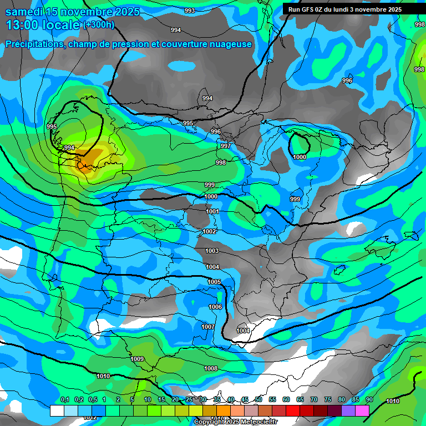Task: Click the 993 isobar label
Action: point(190,11)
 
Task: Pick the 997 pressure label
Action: point(226,146)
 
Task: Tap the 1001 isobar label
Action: point(212,211)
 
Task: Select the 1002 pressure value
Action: point(209,231)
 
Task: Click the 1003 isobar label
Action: point(212,251)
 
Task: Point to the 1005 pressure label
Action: point(214,282)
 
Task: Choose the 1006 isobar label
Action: point(215,307)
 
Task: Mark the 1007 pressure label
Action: point(208,327)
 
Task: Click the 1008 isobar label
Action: point(211,368)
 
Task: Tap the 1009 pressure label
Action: point(138,359)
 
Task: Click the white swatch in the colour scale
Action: point(57,410)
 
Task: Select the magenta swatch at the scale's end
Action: point(362,410)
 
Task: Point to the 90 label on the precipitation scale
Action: point(369,399)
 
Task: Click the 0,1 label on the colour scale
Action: point(64,399)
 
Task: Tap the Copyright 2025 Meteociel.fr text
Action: point(235,422)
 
